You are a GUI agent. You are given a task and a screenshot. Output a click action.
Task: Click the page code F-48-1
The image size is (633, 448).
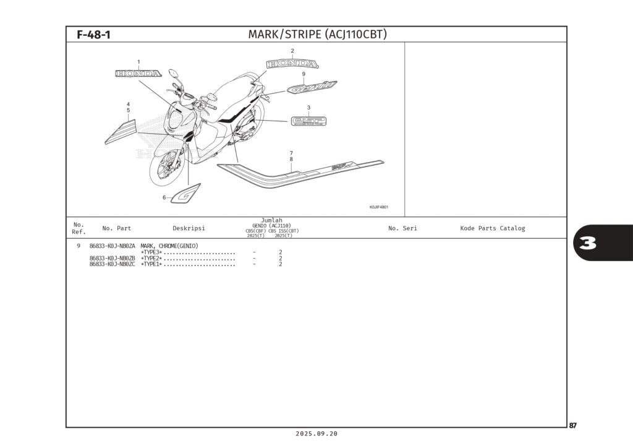pyautogui.click(x=93, y=35)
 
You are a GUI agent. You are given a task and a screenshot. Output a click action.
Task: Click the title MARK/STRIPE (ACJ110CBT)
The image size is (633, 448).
pyautogui.click(x=317, y=35)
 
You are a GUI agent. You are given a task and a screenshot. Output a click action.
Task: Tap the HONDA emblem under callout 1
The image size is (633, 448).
pyautogui.click(x=138, y=74)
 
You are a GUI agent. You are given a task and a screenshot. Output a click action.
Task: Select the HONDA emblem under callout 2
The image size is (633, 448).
pyautogui.click(x=292, y=64)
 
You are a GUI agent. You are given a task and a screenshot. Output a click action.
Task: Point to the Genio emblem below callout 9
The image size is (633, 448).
pyautogui.click(x=312, y=87)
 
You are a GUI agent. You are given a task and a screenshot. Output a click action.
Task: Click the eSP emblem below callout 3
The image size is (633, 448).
pyautogui.click(x=308, y=121)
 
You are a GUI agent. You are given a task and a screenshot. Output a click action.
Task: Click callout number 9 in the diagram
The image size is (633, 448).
pyautogui.click(x=304, y=74)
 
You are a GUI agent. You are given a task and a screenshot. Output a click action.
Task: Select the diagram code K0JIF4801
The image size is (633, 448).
pyautogui.click(x=378, y=208)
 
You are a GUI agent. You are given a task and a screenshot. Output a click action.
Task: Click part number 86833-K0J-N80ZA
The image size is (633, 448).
pyautogui.click(x=112, y=246)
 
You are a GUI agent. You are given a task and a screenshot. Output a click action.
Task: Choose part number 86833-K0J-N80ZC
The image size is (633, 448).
pyautogui.click(x=112, y=264)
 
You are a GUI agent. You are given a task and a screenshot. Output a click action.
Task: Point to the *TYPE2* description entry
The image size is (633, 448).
pyautogui.click(x=151, y=258)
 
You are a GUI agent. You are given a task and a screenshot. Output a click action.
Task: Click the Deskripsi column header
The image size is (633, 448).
pyautogui.click(x=189, y=228)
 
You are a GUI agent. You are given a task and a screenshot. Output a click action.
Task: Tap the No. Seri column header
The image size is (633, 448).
pyautogui.click(x=402, y=228)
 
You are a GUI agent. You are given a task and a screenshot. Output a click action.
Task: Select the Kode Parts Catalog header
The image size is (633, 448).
pyautogui.click(x=492, y=228)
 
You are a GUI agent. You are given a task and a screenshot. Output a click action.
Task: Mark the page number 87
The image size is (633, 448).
pyautogui.click(x=573, y=426)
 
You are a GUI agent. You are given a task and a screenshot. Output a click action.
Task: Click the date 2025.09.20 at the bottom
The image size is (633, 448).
pyautogui.click(x=316, y=434)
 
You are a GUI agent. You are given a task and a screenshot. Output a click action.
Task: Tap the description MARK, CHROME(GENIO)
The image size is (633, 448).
pyautogui.click(x=169, y=246)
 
